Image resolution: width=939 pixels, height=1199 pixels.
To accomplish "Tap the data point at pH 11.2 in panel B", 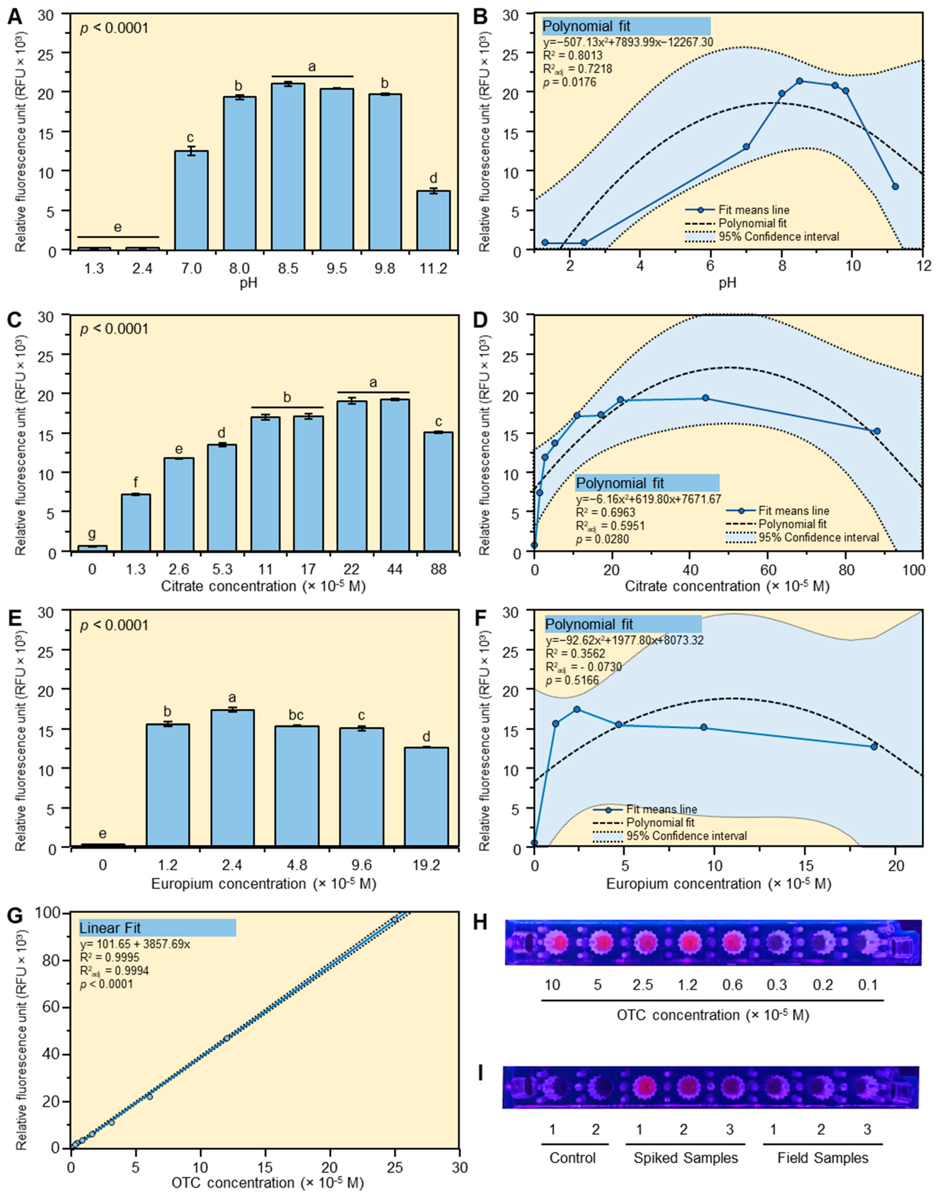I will [x=896, y=186].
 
